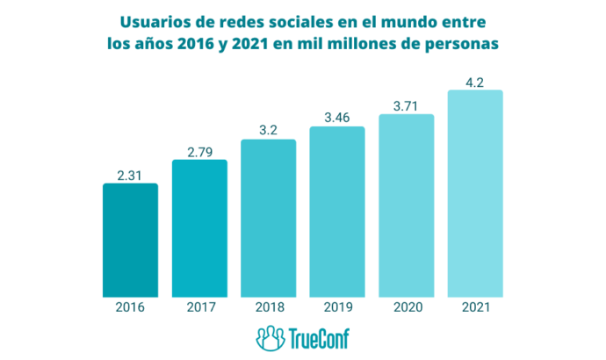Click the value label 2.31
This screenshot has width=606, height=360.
coord(130,175)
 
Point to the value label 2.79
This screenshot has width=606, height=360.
coord(199,151)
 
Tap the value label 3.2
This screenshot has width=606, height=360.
coord(268,131)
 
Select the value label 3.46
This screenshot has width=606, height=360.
coord(336,118)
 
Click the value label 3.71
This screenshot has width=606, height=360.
coord(406,105)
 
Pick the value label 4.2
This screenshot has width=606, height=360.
coord(474,81)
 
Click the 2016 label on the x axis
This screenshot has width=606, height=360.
coord(130,307)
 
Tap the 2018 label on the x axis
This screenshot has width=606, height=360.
coord(268,307)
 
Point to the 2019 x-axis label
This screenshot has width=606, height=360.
coord(336,307)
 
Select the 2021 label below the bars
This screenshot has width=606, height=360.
coord(474,307)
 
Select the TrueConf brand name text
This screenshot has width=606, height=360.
coord(318,338)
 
